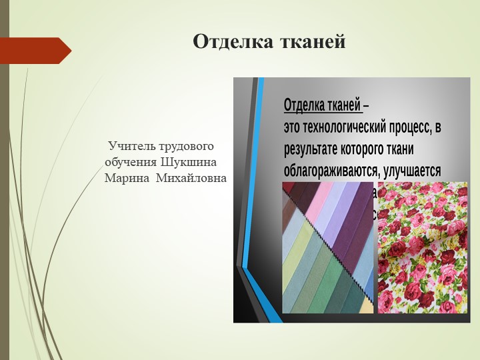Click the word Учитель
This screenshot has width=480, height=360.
click(132, 145)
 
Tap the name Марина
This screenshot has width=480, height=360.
click(127, 179)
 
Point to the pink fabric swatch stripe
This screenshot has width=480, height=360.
click(320, 200)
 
